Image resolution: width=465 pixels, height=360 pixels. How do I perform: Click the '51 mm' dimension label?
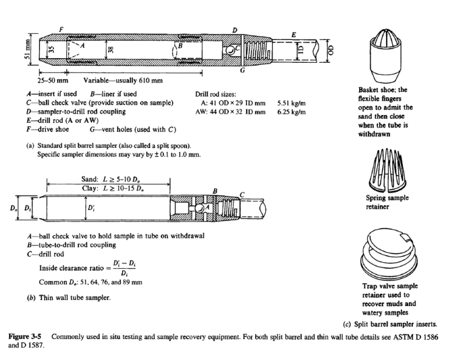17,56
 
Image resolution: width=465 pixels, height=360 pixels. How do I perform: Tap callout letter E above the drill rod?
294,35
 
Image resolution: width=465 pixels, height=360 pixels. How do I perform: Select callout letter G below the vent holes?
241,71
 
